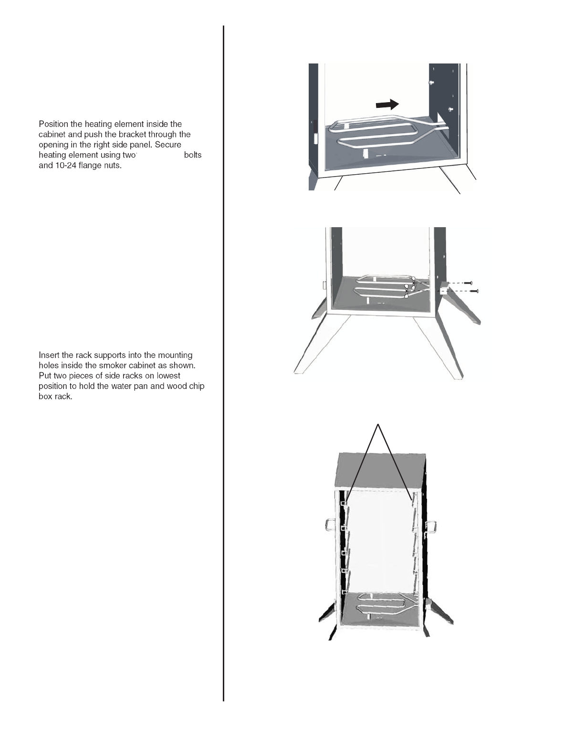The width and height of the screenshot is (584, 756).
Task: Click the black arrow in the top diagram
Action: tap(387, 105)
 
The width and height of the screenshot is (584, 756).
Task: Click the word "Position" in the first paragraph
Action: tap(53, 124)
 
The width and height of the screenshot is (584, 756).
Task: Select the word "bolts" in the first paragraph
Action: tap(193, 155)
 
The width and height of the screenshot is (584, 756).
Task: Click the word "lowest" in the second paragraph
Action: tap(168, 376)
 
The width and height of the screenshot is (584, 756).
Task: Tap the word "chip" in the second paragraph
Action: tap(197, 386)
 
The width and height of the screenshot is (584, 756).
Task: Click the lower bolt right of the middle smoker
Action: tap(474, 291)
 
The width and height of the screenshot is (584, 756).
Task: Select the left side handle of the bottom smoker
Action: tap(330, 525)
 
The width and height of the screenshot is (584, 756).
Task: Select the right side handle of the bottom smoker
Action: tap(431, 526)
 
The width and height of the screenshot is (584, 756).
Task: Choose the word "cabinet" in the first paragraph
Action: tap(52, 135)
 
